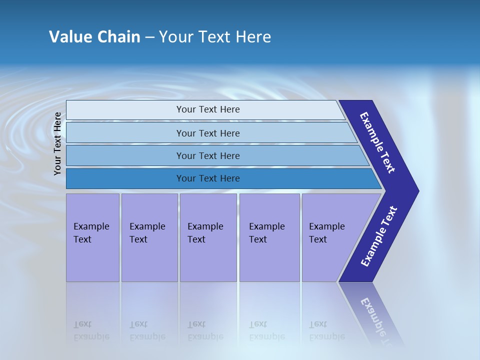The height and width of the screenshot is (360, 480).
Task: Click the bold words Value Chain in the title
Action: (94, 37)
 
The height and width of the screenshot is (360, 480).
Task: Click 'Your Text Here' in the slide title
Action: (215, 37)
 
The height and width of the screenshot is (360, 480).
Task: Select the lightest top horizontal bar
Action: (125, 110)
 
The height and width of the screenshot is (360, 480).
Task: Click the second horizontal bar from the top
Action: (125, 133)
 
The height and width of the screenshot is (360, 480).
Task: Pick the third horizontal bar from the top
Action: (125, 155)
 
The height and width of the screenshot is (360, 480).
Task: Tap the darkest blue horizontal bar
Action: (125, 178)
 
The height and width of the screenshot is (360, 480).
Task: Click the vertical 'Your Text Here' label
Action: (57, 143)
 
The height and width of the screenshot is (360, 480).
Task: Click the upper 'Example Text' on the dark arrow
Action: (377, 142)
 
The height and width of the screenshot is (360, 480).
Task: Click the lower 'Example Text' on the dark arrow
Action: (378, 236)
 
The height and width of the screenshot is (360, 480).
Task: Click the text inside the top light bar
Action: (208, 109)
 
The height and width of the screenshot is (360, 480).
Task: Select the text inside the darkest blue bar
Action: (208, 178)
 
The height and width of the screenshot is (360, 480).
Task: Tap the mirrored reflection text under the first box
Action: (91, 330)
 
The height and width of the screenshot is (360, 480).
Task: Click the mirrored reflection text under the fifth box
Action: (326, 330)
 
